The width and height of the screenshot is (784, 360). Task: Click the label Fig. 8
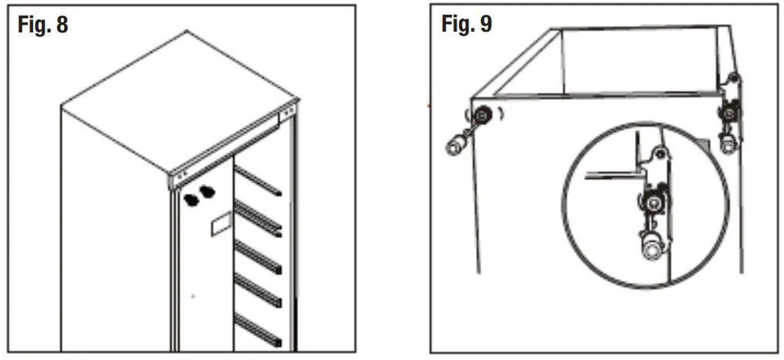pos(42,25)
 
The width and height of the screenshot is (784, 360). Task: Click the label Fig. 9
pos(467,24)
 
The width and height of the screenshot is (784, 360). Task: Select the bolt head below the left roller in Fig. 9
pos(455,142)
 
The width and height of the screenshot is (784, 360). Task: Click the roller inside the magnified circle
pos(653,202)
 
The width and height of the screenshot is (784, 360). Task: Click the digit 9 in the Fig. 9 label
pos(484,24)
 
